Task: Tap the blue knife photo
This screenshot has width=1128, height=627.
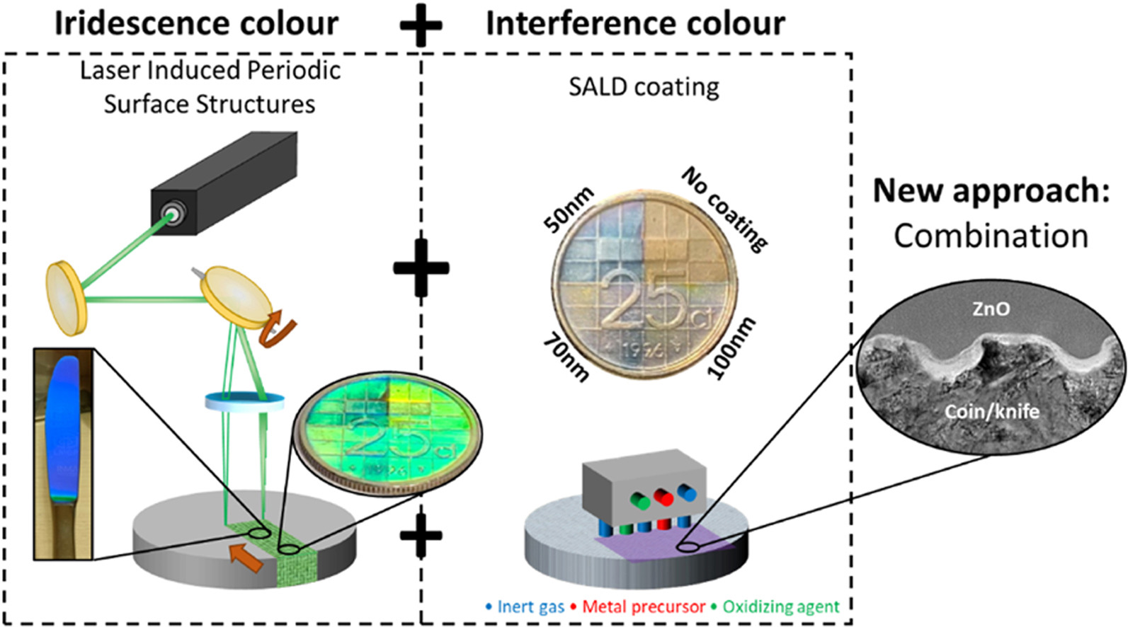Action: click(63, 453)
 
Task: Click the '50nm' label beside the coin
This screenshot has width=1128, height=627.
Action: click(569, 211)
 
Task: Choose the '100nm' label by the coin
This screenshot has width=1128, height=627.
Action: click(732, 349)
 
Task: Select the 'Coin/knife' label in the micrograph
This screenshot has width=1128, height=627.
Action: click(991, 411)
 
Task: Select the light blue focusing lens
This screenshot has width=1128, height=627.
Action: click(244, 401)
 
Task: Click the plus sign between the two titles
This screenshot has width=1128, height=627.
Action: click(421, 25)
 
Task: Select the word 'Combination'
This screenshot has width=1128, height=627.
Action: click(990, 236)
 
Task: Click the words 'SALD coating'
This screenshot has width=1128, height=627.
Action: click(644, 87)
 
